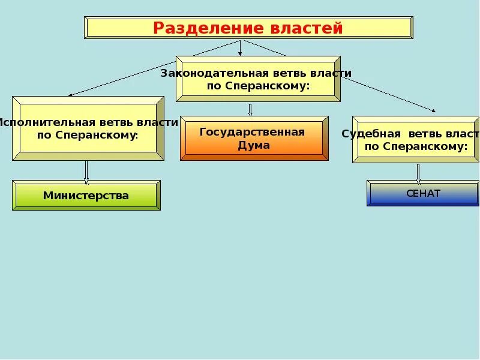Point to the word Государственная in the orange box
click(253, 132)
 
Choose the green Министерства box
click(86, 196)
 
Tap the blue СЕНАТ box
click(423, 193)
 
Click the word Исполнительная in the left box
click(41, 122)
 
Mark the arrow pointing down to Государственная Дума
click(250, 109)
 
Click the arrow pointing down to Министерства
click(86, 172)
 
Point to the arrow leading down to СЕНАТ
click(418, 173)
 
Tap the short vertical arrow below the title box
click(241, 47)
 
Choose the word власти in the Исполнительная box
click(160, 122)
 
